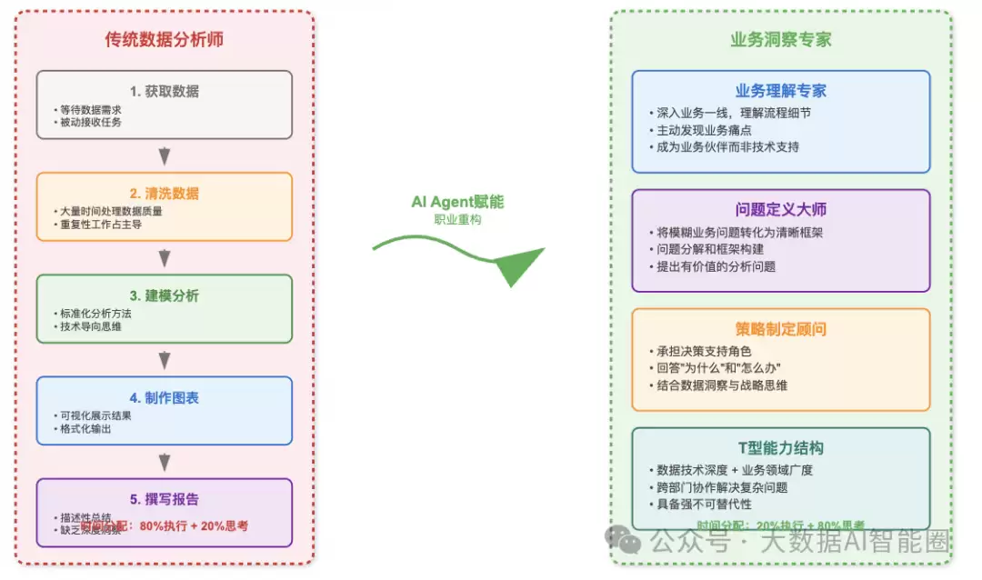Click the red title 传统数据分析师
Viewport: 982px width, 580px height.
click(165, 39)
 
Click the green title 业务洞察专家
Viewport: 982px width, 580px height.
click(781, 39)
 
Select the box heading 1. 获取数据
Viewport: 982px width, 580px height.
click(165, 91)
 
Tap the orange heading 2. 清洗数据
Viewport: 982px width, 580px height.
click(165, 194)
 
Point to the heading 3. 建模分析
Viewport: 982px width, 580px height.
click(165, 295)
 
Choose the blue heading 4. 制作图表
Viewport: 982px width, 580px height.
click(165, 397)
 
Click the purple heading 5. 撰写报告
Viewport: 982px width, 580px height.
click(165, 499)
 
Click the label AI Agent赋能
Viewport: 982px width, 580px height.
click(457, 202)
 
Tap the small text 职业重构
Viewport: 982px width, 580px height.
click(457, 220)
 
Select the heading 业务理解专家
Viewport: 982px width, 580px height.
click(781, 91)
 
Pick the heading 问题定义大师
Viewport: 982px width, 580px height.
click(781, 210)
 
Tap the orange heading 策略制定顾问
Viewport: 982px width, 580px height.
click(781, 329)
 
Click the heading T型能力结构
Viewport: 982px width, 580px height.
click(781, 448)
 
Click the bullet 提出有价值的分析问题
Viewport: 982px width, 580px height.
click(716, 266)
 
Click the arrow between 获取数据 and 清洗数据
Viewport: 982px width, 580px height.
click(165, 155)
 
